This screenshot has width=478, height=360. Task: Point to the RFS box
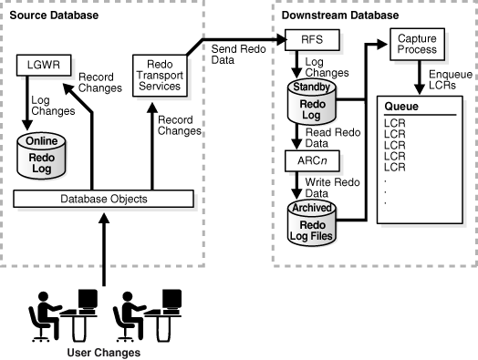point(312,40)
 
